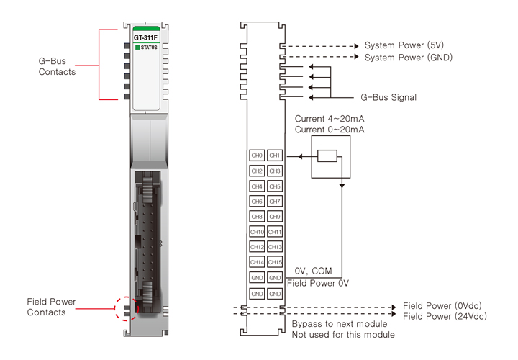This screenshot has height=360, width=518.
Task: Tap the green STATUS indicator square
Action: [x=136, y=48]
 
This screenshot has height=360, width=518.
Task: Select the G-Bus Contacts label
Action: [x=57, y=67]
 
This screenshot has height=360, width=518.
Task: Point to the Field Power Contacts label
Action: [x=51, y=307]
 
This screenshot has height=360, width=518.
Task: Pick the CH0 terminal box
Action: [x=257, y=156]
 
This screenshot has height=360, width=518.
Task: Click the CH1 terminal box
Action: [x=274, y=156]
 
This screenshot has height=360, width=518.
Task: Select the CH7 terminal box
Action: [x=274, y=202]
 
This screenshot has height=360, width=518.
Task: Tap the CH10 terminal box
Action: [x=257, y=232]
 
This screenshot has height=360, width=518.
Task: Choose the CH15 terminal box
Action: [x=274, y=262]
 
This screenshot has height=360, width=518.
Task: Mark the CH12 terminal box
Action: [x=257, y=247]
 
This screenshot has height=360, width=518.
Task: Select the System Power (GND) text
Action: [x=409, y=57]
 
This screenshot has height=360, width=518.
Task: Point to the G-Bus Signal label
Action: [x=388, y=97]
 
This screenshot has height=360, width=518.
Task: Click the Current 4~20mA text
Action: [x=330, y=119]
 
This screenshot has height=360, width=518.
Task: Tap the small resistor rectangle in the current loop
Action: [x=327, y=156]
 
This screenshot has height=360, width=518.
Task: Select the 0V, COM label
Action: [x=313, y=271]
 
